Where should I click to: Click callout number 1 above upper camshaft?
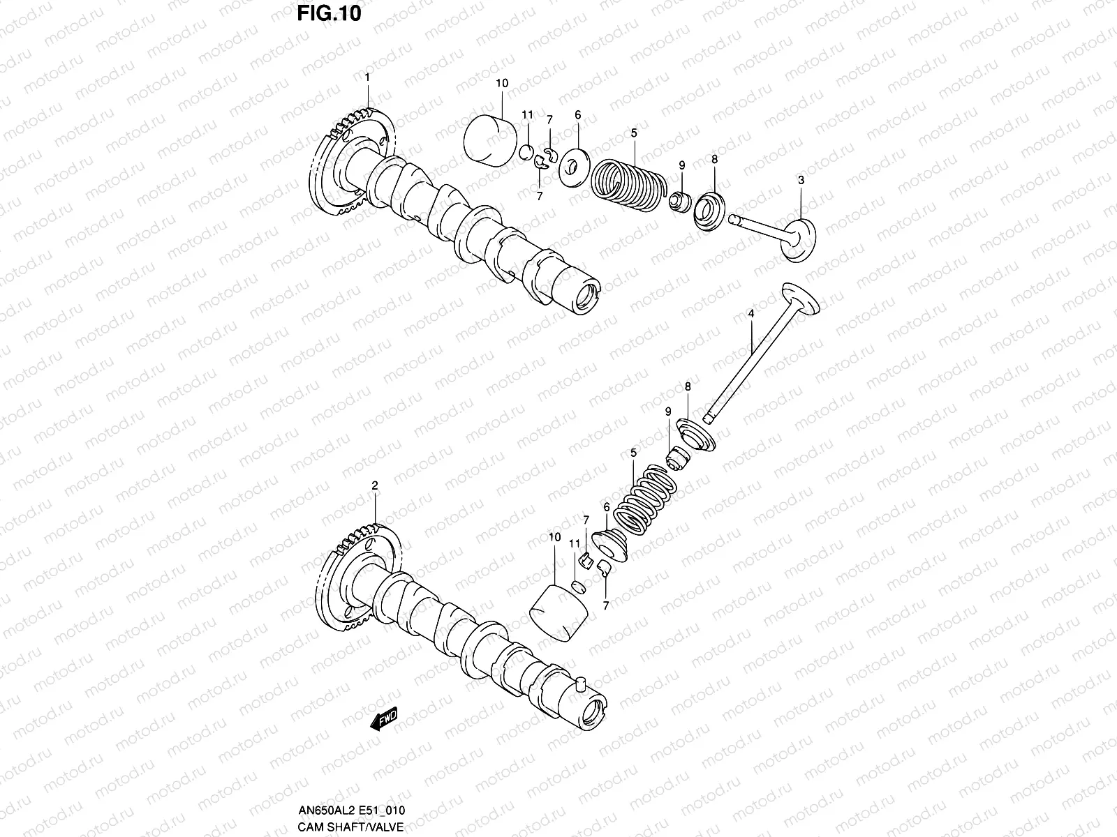coord(367,77)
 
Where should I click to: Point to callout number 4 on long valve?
coord(750,315)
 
